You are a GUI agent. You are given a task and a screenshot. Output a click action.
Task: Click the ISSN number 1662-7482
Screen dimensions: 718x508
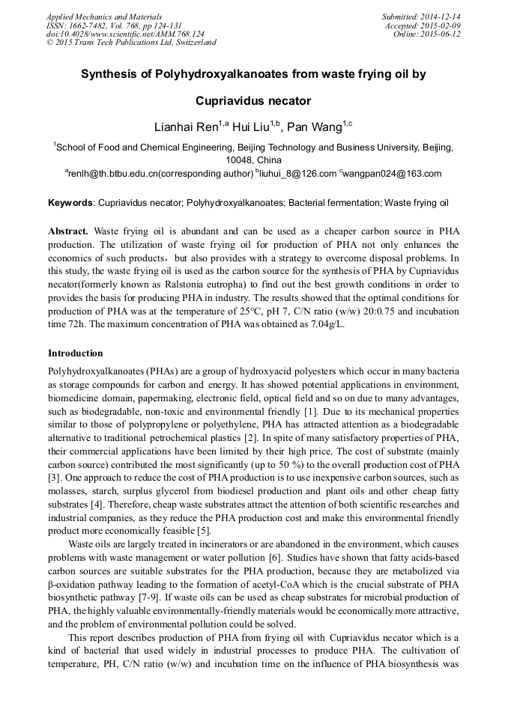click(x=89, y=25)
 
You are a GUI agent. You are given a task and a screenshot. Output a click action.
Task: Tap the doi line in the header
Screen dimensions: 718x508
click(x=125, y=34)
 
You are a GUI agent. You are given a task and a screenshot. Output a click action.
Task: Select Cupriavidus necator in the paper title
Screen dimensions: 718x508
click(x=253, y=100)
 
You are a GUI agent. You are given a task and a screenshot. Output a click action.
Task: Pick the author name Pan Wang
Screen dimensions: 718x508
click(x=314, y=127)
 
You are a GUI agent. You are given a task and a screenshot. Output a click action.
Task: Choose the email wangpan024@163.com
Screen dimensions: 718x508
click(x=393, y=174)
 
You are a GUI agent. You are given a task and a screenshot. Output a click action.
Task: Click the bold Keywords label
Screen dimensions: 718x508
click(x=70, y=203)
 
